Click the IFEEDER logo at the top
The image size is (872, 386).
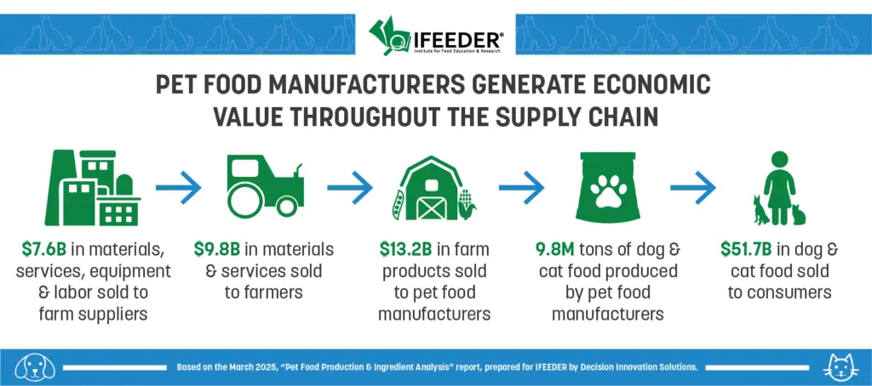point(436,34)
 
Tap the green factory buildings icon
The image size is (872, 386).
point(92,188)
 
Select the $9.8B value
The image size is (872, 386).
point(217,249)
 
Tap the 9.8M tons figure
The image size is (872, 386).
point(551,249)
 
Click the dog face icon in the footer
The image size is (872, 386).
point(35,367)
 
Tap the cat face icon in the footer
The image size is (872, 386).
point(837,367)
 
